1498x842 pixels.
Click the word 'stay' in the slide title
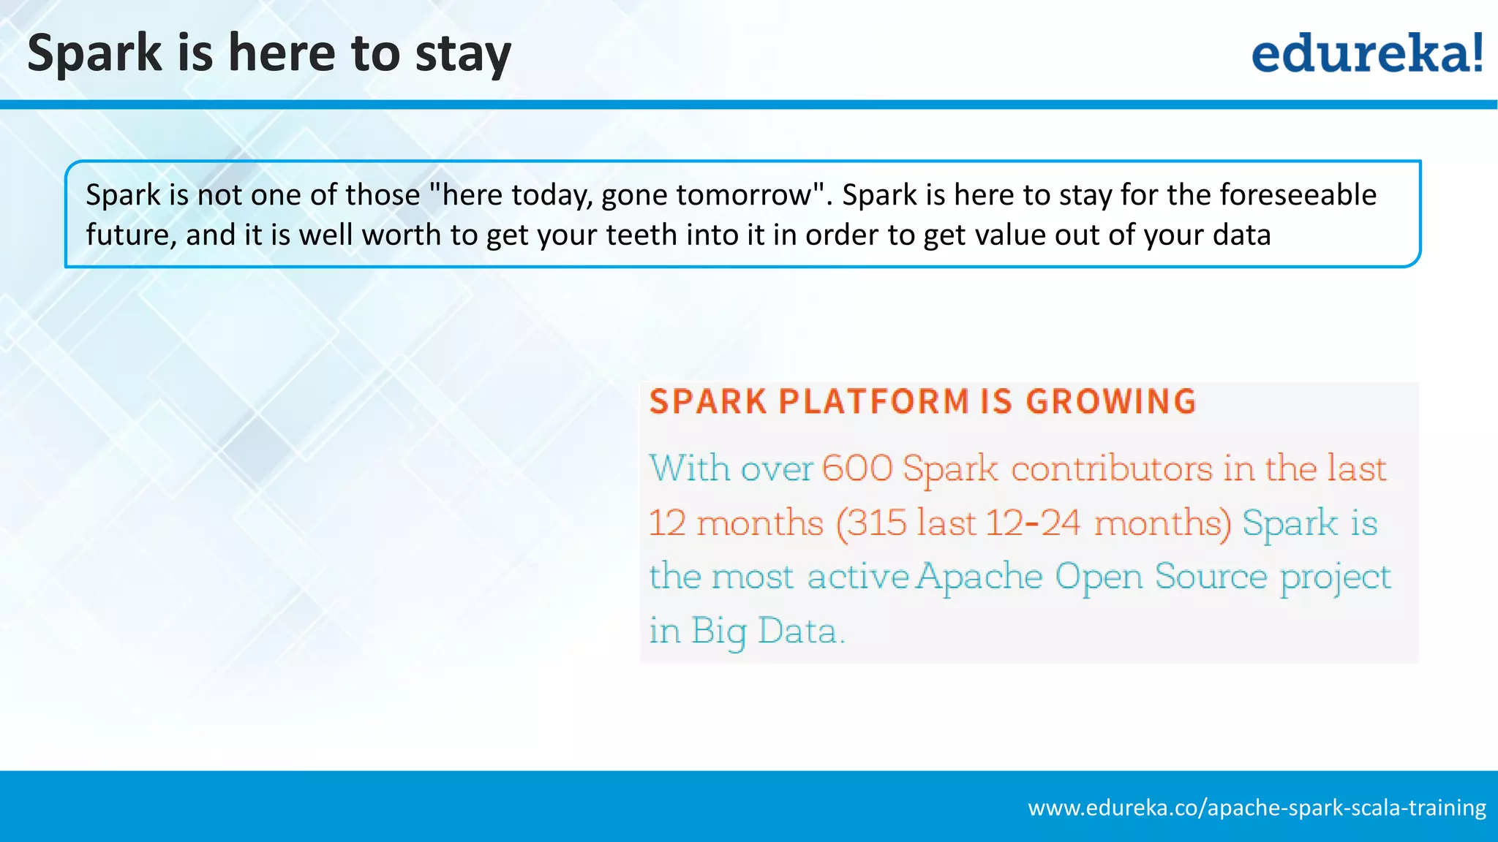click(463, 54)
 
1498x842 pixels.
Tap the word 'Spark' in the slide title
click(94, 54)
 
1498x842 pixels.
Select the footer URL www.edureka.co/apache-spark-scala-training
click(1257, 808)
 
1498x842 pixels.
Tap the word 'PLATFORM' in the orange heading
click(873, 401)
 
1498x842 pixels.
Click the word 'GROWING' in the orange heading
click(1110, 401)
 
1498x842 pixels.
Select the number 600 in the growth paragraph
click(857, 469)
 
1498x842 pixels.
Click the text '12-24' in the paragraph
click(1032, 523)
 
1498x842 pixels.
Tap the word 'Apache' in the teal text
click(979, 577)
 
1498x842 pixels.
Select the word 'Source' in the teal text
click(1211, 577)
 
